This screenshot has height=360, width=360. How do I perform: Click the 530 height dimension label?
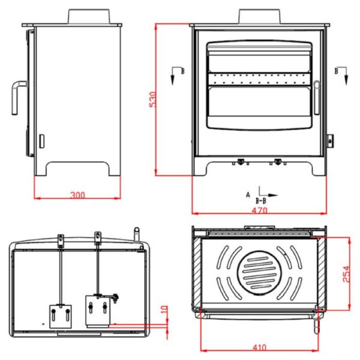click(152, 100)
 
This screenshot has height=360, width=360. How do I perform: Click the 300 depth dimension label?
click(77, 194)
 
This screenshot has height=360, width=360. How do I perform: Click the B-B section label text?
click(262, 201)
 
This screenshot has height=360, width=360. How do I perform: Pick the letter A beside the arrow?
click(248, 194)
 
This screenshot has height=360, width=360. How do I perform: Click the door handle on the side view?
click(16, 96)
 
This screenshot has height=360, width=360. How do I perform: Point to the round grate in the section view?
click(259, 271)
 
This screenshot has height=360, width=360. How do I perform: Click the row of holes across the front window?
click(260, 77)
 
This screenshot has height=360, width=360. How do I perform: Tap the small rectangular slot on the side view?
click(41, 142)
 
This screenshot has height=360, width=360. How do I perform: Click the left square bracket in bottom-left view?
click(61, 314)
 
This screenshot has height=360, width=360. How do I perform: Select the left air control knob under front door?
click(241, 161)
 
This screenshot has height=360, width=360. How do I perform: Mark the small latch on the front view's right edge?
click(329, 140)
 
